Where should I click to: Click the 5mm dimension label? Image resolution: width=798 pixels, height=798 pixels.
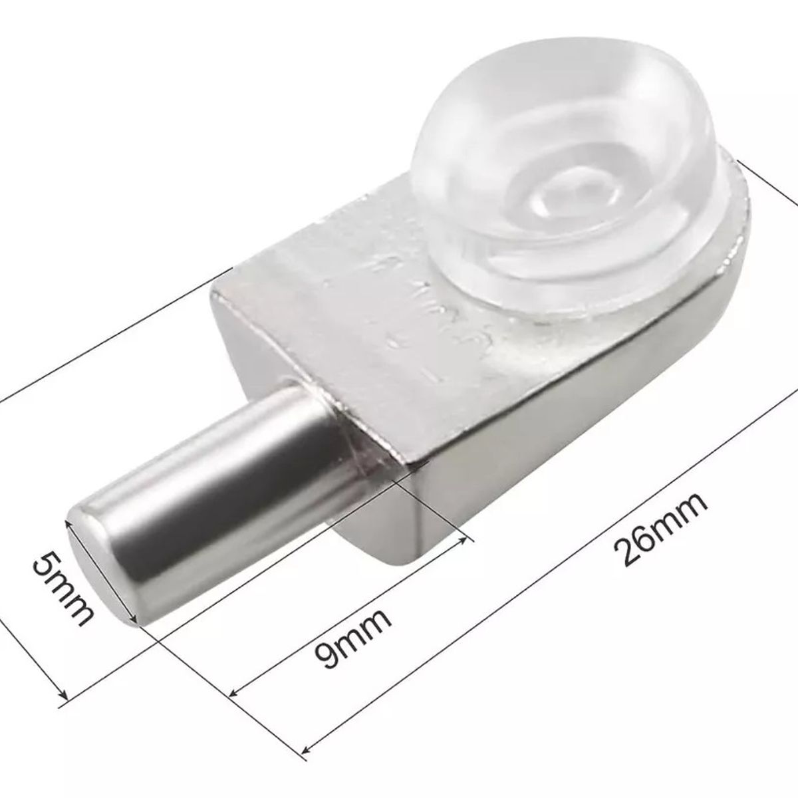click(x=62, y=589)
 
